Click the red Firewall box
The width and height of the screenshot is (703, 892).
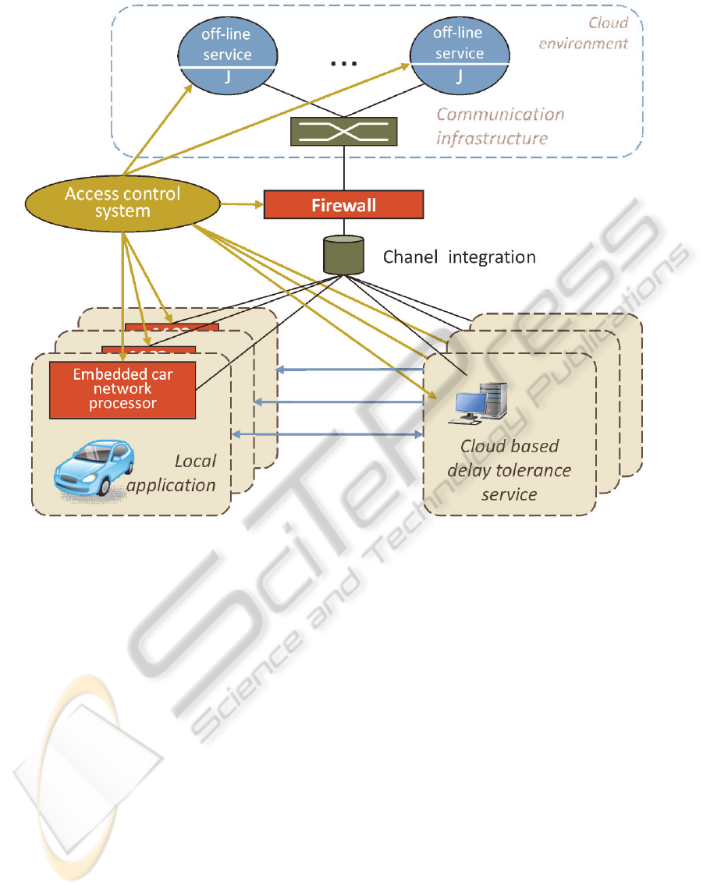click(344, 204)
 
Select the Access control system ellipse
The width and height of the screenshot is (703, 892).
click(122, 202)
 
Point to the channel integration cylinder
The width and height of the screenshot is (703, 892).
click(343, 255)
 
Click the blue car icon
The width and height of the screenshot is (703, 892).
click(93, 468)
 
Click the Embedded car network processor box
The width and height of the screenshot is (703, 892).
click(122, 388)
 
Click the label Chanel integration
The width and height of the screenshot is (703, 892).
click(459, 257)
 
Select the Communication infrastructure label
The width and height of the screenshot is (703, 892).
click(499, 126)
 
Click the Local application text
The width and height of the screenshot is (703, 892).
click(173, 473)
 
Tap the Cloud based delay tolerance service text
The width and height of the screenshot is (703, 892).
click(509, 470)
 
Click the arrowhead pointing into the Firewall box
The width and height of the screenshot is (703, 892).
click(260, 205)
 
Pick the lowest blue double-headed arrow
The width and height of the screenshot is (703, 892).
click(328, 434)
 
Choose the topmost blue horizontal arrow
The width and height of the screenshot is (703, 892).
click(351, 370)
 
